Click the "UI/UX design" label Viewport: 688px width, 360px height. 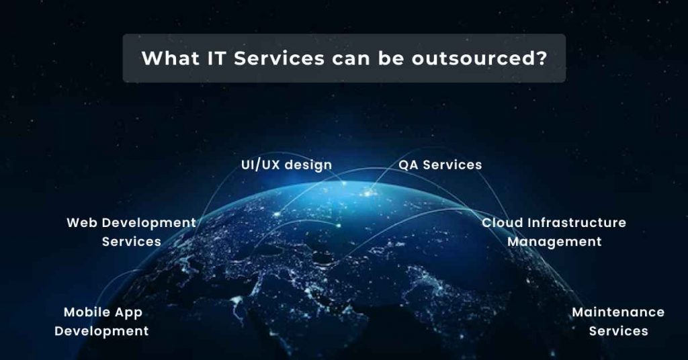286,165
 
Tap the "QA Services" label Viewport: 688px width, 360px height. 440,165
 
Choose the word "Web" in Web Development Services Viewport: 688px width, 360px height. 82,222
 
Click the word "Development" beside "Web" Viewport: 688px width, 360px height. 149,222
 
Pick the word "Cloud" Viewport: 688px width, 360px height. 503,222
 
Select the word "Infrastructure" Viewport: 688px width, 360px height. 577,222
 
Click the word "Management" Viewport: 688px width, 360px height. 554,242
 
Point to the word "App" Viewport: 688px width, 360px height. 129,313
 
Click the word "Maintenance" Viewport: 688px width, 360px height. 618,312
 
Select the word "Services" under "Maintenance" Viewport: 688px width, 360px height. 618,331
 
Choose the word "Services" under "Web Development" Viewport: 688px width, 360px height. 132,242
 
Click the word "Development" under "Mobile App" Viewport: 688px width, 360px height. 101,331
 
